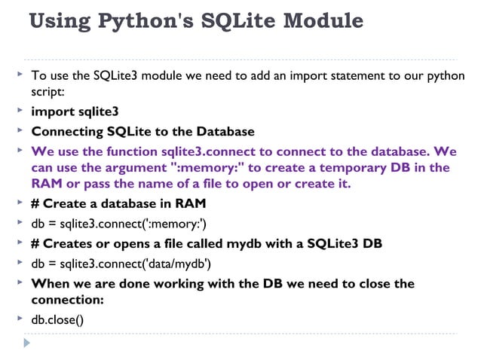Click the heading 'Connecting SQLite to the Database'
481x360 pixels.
[142, 131]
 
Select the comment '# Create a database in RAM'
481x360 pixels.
[118, 204]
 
